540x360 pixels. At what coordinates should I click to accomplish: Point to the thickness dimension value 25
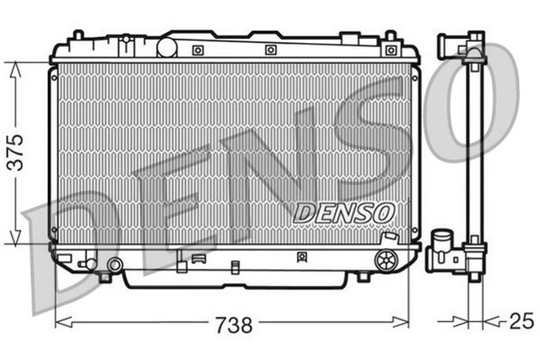tap(521, 322)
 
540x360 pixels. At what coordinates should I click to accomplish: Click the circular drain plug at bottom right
tap(387, 260)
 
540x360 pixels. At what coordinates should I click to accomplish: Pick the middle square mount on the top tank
tap(271, 50)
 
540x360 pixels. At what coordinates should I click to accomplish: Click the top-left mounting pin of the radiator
tap(78, 36)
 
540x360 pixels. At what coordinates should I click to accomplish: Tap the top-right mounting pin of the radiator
tap(391, 36)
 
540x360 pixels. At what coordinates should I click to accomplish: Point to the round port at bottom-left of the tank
tap(116, 266)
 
